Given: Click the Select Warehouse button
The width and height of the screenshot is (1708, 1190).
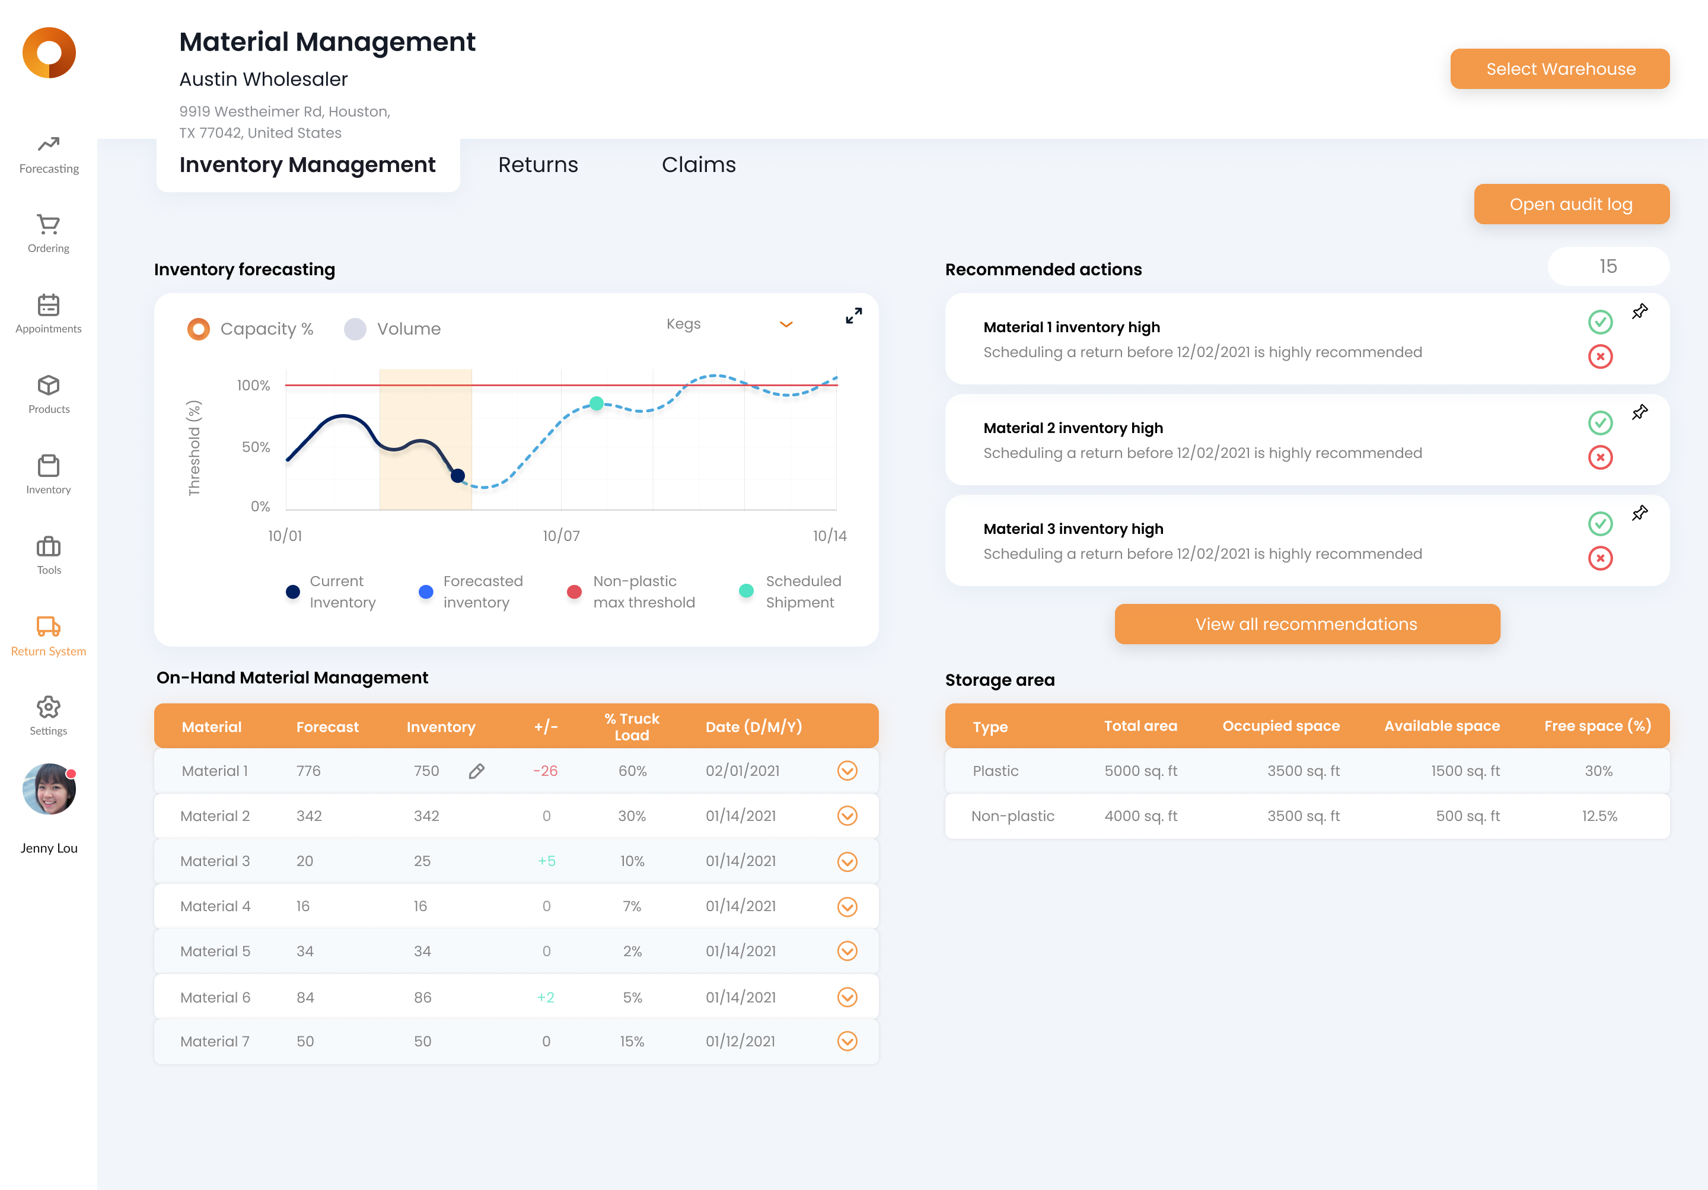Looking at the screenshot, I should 1559,69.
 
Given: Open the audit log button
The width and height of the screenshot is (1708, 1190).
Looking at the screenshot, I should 1570,204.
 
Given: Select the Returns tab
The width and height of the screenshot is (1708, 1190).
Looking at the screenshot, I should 538,164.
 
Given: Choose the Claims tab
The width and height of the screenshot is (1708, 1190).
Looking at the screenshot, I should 699,164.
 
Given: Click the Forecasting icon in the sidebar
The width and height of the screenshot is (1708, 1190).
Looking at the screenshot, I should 49,144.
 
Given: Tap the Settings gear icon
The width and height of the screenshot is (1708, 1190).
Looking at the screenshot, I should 49,707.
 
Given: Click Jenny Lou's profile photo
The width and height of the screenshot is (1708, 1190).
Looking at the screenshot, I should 49,789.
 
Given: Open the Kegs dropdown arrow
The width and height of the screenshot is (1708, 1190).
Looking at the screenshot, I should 786,324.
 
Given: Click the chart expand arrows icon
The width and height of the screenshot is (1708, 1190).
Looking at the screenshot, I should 853,316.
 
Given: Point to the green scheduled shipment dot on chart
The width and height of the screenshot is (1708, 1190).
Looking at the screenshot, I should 597,403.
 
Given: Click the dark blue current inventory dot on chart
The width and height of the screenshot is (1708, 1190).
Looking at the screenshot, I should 457,476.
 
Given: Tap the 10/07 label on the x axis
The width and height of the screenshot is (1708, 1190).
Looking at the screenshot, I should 561,536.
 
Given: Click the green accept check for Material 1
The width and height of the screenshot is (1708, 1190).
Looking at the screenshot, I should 1600,322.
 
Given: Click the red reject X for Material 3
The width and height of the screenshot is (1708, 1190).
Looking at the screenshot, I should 1600,558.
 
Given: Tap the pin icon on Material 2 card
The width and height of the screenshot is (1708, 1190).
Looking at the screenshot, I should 1640,412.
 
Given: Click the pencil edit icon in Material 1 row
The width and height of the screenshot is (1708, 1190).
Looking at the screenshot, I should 477,771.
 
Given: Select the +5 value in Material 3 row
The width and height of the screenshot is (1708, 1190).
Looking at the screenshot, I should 546,861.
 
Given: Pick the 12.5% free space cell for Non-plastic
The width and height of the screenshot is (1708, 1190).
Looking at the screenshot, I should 1599,816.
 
